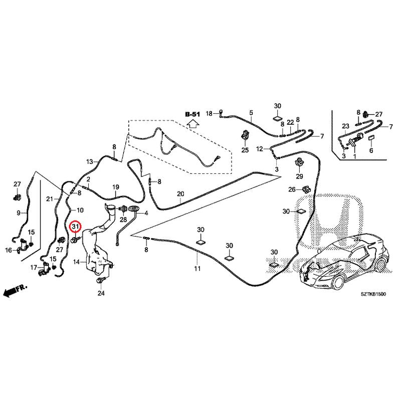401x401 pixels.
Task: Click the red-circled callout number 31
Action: point(75,227)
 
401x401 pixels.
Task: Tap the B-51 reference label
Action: point(192,114)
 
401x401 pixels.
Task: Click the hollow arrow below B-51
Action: point(193,123)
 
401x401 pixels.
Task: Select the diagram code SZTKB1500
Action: point(373,294)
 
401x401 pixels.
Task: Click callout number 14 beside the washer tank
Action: point(77,262)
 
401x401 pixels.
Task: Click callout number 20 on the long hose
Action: point(180,194)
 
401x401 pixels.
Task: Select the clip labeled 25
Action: point(246,135)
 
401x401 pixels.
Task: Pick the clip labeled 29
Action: point(299,162)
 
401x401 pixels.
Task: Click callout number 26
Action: point(292,189)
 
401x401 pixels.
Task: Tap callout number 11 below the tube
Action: point(197,269)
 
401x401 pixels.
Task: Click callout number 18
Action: point(209,113)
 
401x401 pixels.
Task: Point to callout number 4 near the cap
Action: point(146,213)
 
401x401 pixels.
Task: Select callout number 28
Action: point(123,220)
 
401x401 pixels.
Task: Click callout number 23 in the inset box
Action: point(345,126)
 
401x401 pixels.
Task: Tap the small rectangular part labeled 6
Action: point(371,138)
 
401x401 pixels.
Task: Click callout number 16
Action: point(9,250)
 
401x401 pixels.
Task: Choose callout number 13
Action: point(90,161)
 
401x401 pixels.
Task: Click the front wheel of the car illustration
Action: point(338,282)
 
